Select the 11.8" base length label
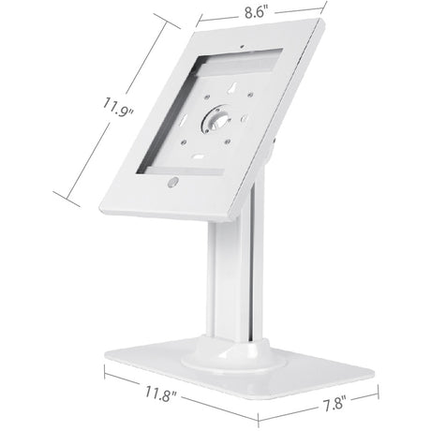[x=163, y=390]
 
